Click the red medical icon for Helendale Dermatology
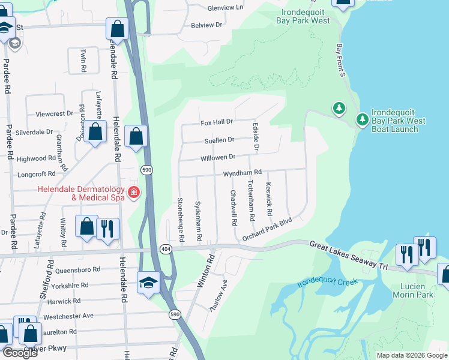pos(134,193)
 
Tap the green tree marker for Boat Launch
pos(363,120)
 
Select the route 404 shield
pos(166,248)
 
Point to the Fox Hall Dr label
pos(216,122)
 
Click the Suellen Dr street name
pos(218,140)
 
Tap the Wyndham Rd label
pos(243,173)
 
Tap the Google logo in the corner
pos(20,352)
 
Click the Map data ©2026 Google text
pos(411,355)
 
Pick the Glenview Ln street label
pos(225,8)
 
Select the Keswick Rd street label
pos(270,200)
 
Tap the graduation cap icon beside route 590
pos(148,281)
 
